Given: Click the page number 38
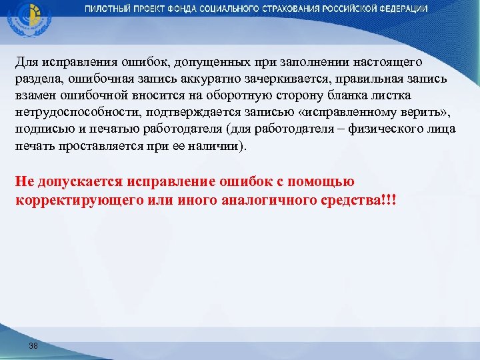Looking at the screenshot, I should click(x=33, y=345).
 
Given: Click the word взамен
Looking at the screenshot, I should click(x=35, y=95).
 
